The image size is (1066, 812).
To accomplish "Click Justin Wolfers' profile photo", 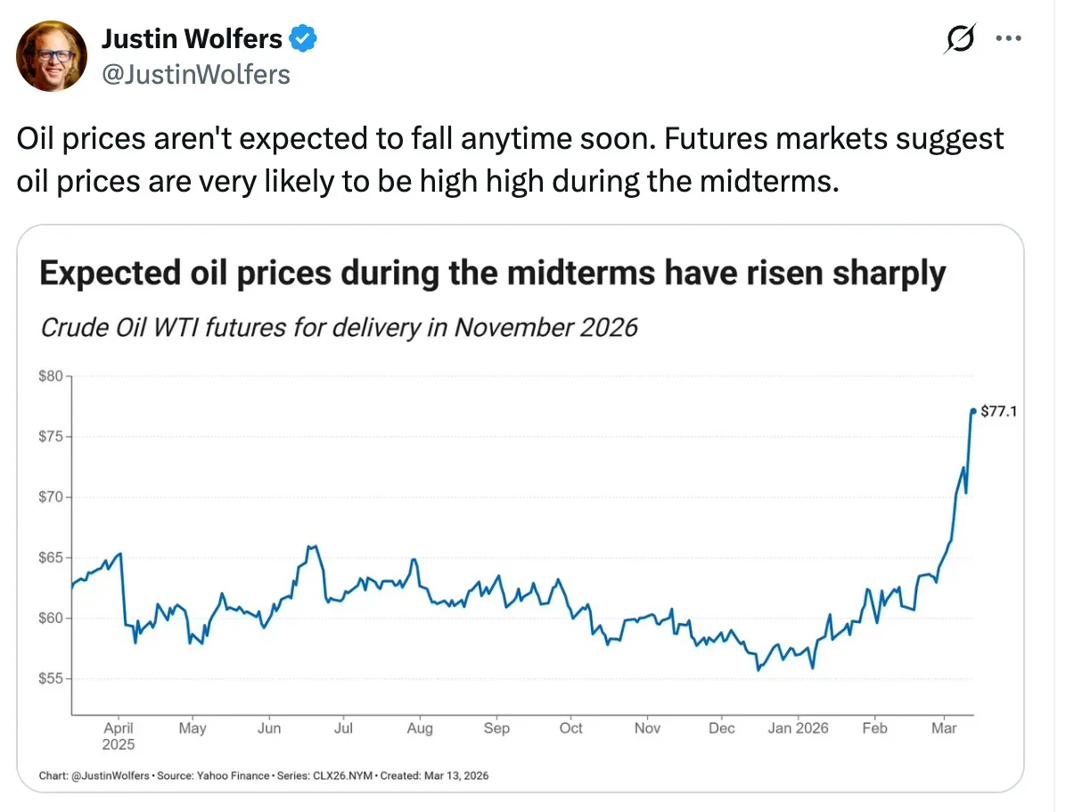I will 52,55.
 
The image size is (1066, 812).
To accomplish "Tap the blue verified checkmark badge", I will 304,39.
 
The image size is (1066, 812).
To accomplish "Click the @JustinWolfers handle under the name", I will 196,74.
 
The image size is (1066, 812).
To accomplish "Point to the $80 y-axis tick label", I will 51,376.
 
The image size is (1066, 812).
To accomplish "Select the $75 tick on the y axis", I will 51,437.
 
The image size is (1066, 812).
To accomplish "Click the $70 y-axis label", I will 51,497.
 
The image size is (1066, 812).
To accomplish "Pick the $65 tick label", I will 51,558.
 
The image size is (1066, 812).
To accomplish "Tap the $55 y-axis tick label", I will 51,678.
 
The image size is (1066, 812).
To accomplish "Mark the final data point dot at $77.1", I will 972,411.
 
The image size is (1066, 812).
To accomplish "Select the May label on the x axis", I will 193,728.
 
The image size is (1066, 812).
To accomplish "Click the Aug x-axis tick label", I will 420,728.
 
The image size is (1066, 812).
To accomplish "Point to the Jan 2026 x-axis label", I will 798,728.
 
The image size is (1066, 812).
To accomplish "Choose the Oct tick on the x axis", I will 571,728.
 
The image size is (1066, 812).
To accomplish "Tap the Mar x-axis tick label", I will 944,728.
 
